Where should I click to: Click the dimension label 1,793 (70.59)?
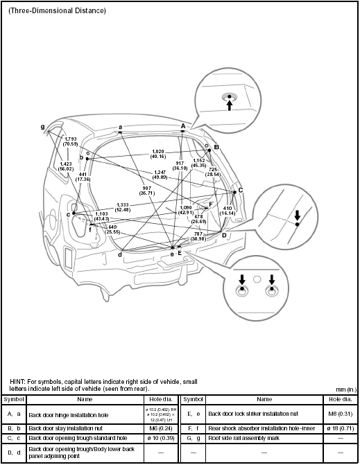70,141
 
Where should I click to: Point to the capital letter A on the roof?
182,125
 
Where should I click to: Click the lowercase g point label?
42,127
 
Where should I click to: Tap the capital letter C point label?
240,189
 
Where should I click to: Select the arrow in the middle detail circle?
296,215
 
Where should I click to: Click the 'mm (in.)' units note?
345,389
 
